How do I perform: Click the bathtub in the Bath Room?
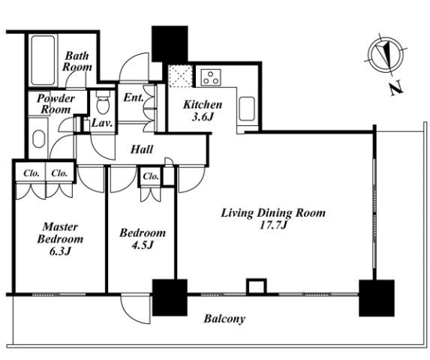[x=43, y=60]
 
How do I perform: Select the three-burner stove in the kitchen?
[x=211, y=77]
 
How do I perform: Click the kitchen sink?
[x=247, y=109]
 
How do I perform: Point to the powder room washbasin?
[x=39, y=139]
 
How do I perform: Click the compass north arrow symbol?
[x=386, y=54]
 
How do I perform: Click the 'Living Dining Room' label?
[x=273, y=213]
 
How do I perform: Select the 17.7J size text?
[x=273, y=226]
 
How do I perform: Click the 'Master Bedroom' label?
[x=60, y=233]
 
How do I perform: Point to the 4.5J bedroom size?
[x=143, y=245]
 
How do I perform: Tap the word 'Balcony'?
[x=224, y=319]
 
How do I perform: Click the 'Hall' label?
[x=142, y=149]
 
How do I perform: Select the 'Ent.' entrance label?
[x=134, y=97]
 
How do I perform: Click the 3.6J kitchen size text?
[x=203, y=117]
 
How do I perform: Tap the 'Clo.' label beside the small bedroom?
[x=151, y=176]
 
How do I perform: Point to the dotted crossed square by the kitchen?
[x=180, y=76]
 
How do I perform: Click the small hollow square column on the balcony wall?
[x=257, y=286]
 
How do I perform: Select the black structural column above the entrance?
[x=170, y=43]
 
